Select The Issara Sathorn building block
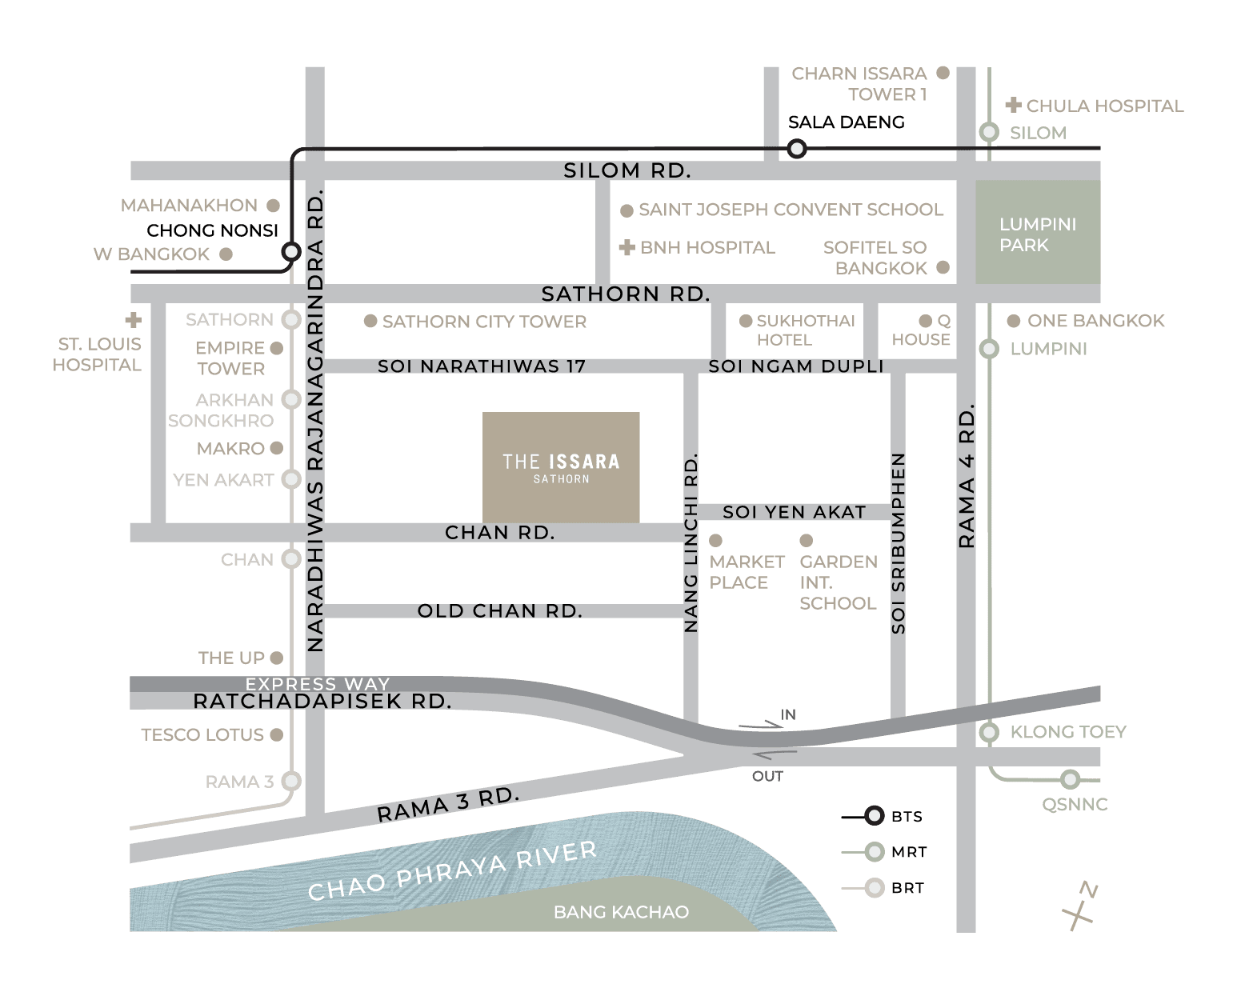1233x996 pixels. [561, 467]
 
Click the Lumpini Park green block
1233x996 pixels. [1037, 231]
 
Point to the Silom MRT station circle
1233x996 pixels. [989, 132]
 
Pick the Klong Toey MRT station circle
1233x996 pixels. [989, 732]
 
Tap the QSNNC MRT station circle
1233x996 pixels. [1071, 779]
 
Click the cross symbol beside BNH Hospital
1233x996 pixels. [627, 247]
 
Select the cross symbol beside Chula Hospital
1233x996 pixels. [1013, 105]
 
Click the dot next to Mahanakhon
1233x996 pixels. [273, 206]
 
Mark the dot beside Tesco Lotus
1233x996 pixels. [277, 734]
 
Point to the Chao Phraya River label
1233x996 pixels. [452, 870]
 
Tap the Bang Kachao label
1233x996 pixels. [621, 912]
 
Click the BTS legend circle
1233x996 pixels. [874, 815]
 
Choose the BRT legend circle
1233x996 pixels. [874, 887]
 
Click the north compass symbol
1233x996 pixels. [1079, 905]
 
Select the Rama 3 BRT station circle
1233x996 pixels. [291, 782]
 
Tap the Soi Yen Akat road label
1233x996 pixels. [795, 512]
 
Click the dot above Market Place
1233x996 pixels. [715, 540]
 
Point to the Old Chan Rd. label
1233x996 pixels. [499, 610]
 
